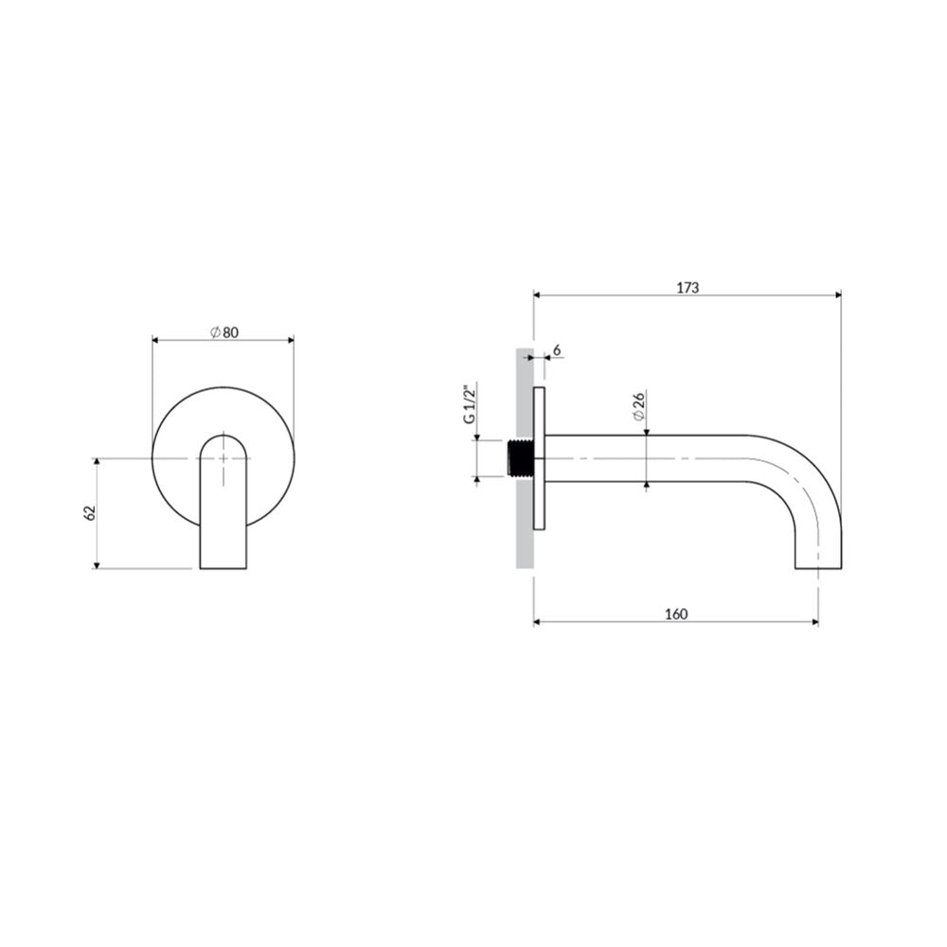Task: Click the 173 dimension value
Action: (688, 288)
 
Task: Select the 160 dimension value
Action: (676, 615)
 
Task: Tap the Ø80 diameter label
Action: (224, 332)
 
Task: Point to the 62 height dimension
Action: (89, 513)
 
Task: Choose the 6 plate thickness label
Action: (556, 349)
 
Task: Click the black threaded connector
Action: (521, 458)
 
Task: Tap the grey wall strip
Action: (525, 457)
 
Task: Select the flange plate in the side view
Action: (540, 458)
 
